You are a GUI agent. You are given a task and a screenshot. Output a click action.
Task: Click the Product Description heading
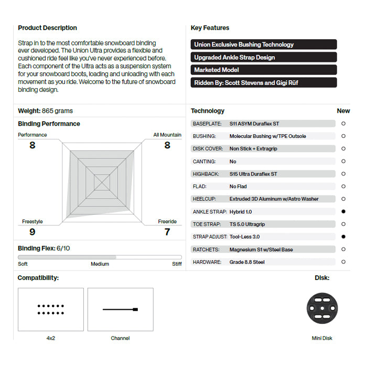tap(47, 28)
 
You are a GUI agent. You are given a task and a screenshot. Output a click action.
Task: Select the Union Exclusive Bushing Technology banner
tap(264, 45)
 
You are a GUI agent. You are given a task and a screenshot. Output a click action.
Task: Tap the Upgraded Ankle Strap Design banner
tap(264, 57)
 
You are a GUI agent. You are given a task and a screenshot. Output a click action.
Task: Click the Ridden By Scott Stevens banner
tap(264, 82)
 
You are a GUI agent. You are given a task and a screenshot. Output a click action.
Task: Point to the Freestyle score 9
tap(33, 232)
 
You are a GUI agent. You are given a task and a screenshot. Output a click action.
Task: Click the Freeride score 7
tap(167, 232)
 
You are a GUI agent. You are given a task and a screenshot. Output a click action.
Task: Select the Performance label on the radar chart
tap(33, 135)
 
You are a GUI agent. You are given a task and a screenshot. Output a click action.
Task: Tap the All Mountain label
tap(167, 135)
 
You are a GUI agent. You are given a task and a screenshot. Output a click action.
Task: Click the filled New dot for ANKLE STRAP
tap(343, 211)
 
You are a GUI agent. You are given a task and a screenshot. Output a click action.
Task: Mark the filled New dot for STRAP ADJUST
tap(343, 236)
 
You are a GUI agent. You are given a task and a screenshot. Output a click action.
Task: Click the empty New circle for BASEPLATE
tap(343, 124)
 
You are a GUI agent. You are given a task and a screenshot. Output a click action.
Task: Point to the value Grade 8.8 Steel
tap(247, 262)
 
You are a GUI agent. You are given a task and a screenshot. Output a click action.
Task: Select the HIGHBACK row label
tap(206, 174)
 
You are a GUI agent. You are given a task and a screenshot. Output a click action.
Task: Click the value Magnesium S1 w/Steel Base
tap(261, 249)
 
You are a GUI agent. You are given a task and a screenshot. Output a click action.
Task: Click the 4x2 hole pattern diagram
tap(51, 309)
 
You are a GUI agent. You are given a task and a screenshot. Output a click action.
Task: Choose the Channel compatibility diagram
tap(120, 309)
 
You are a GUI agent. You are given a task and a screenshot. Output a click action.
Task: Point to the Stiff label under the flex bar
tap(177, 264)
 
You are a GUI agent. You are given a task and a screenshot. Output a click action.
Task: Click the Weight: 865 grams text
tap(46, 111)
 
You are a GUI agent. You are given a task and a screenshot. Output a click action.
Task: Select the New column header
tap(343, 111)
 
